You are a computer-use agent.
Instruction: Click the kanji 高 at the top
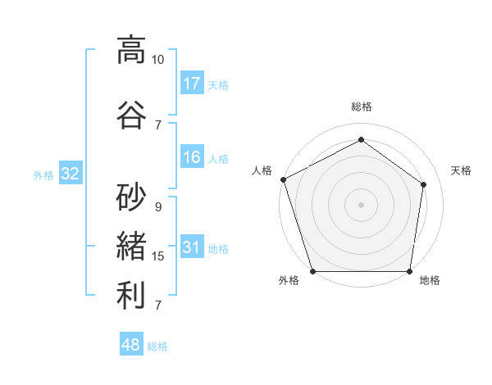coord(131,51)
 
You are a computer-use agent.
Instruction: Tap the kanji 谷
coord(131,115)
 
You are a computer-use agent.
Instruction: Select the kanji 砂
coord(131,197)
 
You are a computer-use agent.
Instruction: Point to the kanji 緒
coord(131,246)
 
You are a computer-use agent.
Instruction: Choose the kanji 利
coord(131,296)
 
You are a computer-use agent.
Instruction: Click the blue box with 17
coord(192,84)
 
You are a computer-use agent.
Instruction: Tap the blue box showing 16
coord(192,157)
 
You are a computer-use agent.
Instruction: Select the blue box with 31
coord(192,247)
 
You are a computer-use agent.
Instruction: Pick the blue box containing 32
coord(70,174)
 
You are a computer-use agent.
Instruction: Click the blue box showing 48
coord(131,345)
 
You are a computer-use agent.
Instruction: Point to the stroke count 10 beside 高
coord(157,60)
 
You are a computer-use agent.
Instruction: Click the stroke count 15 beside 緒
coord(158,256)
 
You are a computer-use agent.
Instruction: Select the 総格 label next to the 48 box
coord(157,346)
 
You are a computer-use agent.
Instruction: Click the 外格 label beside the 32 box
coord(43,174)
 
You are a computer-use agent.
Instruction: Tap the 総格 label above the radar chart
coord(361,106)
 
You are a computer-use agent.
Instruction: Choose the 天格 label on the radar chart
coord(462,170)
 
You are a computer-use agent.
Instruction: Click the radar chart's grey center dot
coord(361,204)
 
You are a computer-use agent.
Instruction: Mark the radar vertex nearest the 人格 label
coord(283,179)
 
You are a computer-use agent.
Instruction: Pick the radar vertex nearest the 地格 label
coord(409,271)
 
